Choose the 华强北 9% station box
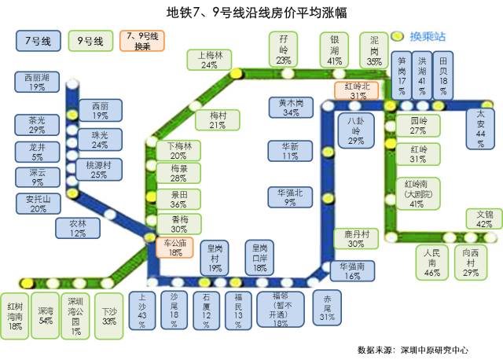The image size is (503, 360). [290, 197]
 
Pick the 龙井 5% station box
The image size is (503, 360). [37, 152]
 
